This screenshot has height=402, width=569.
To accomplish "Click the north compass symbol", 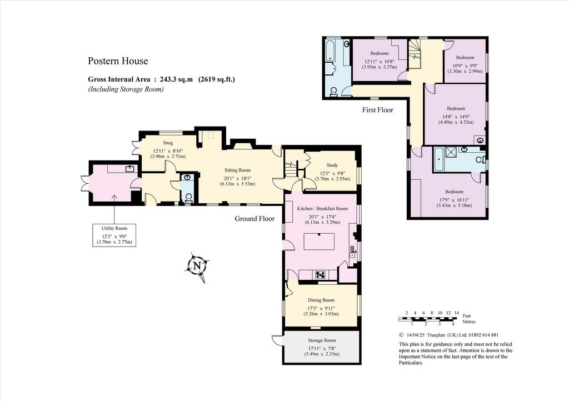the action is tap(197, 267).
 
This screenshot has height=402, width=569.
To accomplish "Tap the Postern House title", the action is tap(118, 61).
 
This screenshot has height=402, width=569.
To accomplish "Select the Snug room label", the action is tap(168, 143).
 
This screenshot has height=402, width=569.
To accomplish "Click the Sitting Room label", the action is tap(237, 170).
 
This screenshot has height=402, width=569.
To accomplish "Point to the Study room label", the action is tap(332, 165).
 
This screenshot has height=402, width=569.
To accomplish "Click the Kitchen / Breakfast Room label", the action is tap(322, 208).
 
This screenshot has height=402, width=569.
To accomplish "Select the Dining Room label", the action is tap(321, 300).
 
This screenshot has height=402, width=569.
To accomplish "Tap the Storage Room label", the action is tap(322, 340).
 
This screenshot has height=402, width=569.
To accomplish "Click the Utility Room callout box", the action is tap(114, 235).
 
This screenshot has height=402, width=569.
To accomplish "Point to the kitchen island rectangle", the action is tap(319, 242).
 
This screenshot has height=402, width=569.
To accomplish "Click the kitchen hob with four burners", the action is tap(321, 275).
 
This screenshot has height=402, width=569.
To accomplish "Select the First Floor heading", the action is tap(378, 109).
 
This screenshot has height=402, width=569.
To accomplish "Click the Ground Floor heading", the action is tap(254, 219).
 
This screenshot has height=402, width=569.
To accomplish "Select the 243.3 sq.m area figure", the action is tap(173, 79).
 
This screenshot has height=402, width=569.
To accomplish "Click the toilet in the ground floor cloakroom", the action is tap(188, 198).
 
